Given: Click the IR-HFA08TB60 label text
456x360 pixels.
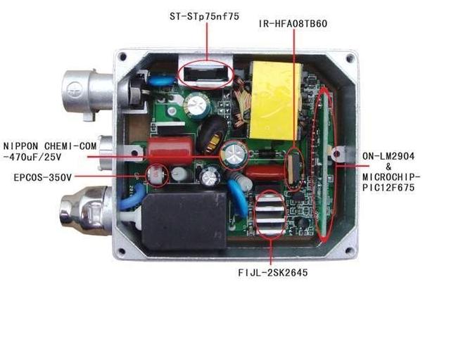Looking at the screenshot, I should coord(293,25).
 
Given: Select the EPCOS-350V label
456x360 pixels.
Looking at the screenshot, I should coord(42,178).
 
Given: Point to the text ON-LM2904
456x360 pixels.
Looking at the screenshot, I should coord(391,155).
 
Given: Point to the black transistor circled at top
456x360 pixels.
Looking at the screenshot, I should coord(207,73).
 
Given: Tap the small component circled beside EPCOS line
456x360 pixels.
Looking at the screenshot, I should coord(156,174).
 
